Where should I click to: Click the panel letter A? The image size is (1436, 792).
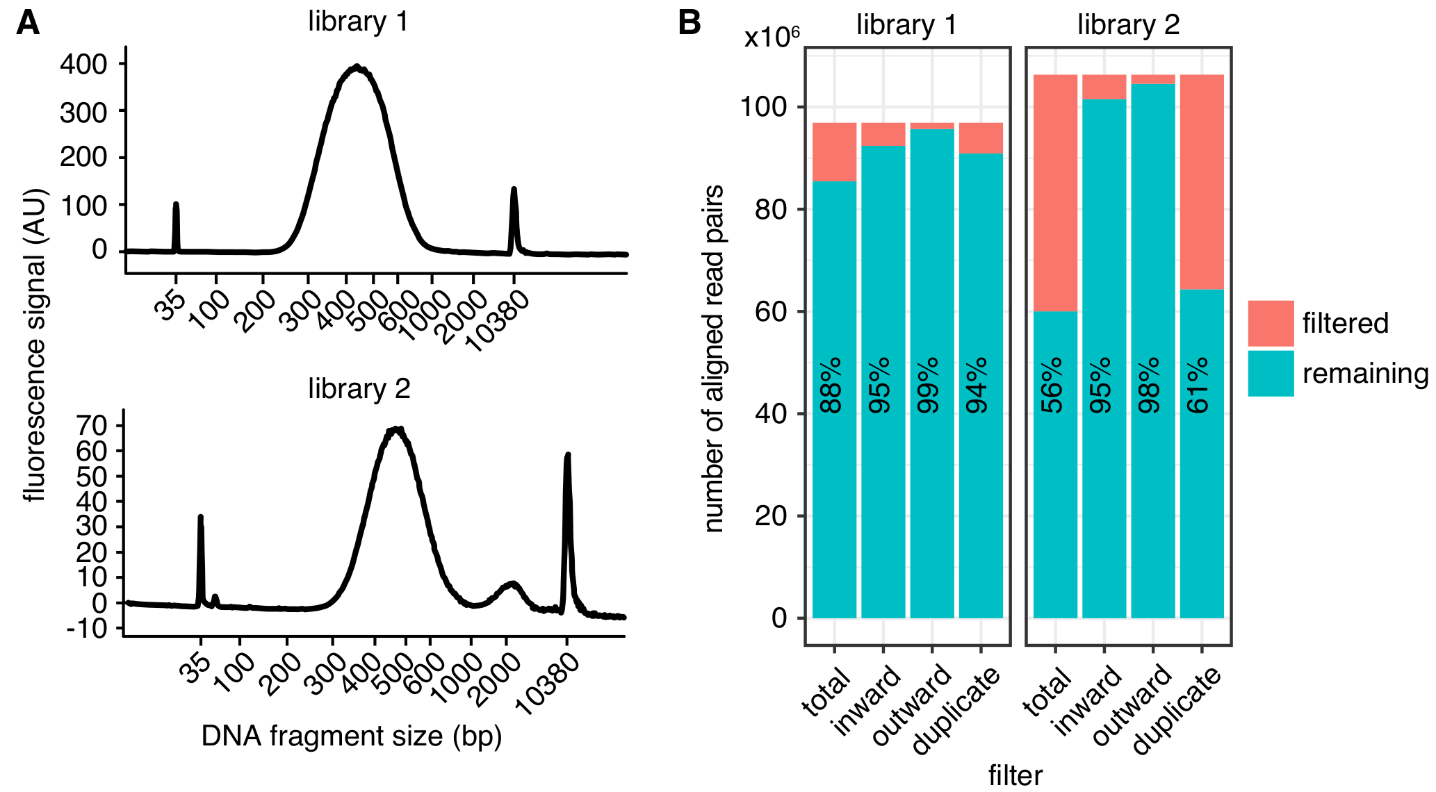pyautogui.click(x=27, y=24)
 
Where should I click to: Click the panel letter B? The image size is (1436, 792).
pyautogui.click(x=690, y=24)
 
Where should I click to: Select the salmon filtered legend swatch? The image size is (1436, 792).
pyautogui.click(x=1270, y=323)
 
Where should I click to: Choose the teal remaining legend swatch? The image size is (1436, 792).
pyautogui.click(x=1270, y=373)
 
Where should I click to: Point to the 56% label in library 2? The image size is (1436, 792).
pyautogui.click(x=1052, y=386)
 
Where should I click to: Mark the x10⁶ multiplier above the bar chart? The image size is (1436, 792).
pyautogui.click(x=772, y=37)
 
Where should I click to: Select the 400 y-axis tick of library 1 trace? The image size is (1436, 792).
pyautogui.click(x=83, y=65)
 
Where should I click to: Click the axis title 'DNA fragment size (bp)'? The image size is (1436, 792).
pyautogui.click(x=351, y=736)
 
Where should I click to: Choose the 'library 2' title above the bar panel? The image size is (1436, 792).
pyautogui.click(x=1128, y=25)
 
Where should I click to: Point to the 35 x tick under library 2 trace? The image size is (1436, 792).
pyautogui.click(x=195, y=665)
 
